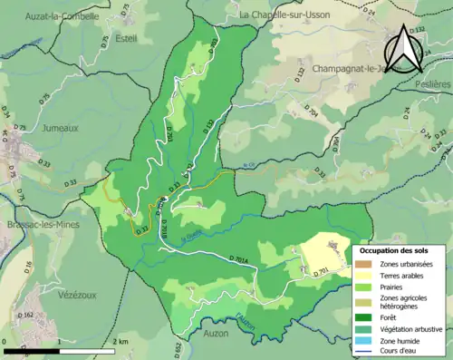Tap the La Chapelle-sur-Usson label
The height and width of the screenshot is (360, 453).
(284, 15)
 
